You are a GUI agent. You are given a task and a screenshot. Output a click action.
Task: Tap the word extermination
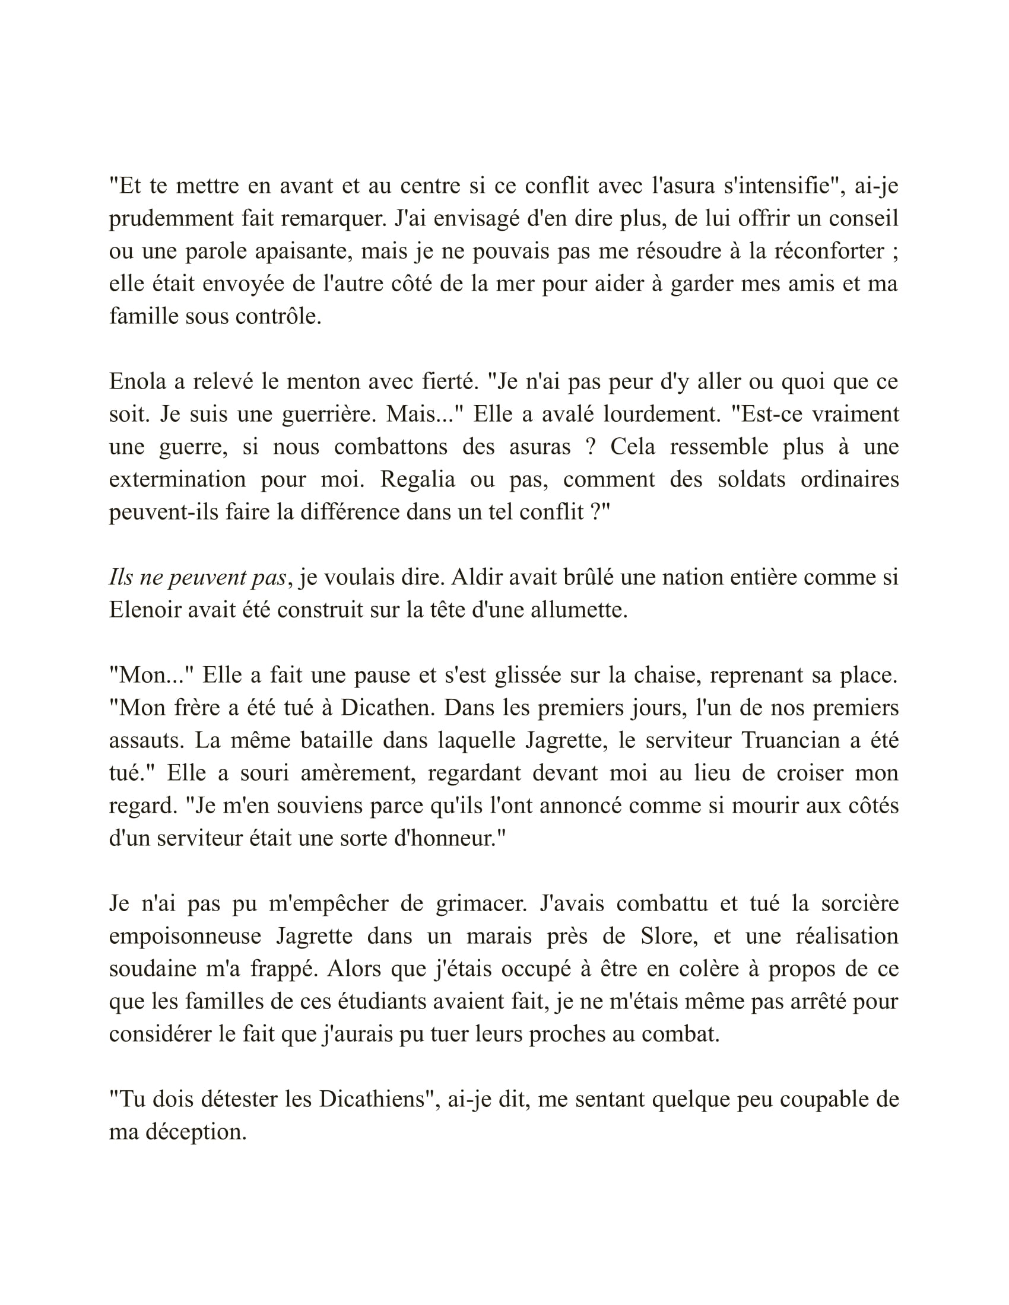point(177,479)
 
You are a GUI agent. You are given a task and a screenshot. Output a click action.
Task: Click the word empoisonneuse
point(185,935)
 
